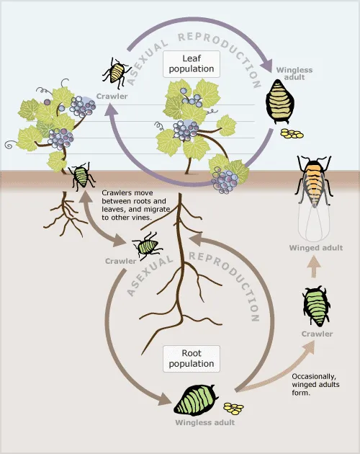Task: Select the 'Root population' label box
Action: (x=191, y=358)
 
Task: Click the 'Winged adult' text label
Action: (x=315, y=248)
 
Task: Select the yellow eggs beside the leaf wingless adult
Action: (x=292, y=134)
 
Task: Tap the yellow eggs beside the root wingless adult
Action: (x=233, y=408)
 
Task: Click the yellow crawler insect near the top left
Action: (x=115, y=72)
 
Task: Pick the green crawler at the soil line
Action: (x=81, y=175)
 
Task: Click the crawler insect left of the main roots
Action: (x=148, y=246)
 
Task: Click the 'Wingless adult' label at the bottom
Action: (x=204, y=423)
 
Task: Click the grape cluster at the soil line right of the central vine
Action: (x=229, y=175)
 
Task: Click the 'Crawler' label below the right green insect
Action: (x=317, y=334)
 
